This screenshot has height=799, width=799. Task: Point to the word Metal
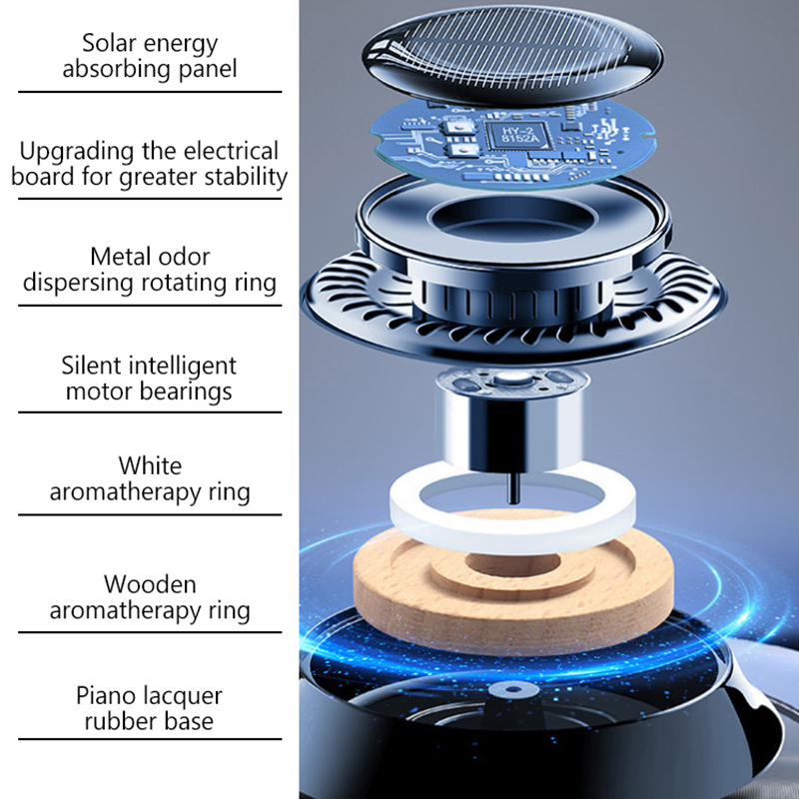(121, 257)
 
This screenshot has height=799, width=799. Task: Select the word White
(150, 465)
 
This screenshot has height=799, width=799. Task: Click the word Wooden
(150, 584)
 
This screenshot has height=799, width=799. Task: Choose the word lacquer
(183, 696)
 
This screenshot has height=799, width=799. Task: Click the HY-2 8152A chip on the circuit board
(518, 135)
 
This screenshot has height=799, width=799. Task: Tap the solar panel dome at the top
(513, 55)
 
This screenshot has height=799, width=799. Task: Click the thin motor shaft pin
(514, 486)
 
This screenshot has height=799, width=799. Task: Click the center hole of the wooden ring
(512, 565)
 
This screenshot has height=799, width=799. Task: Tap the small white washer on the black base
(513, 690)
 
